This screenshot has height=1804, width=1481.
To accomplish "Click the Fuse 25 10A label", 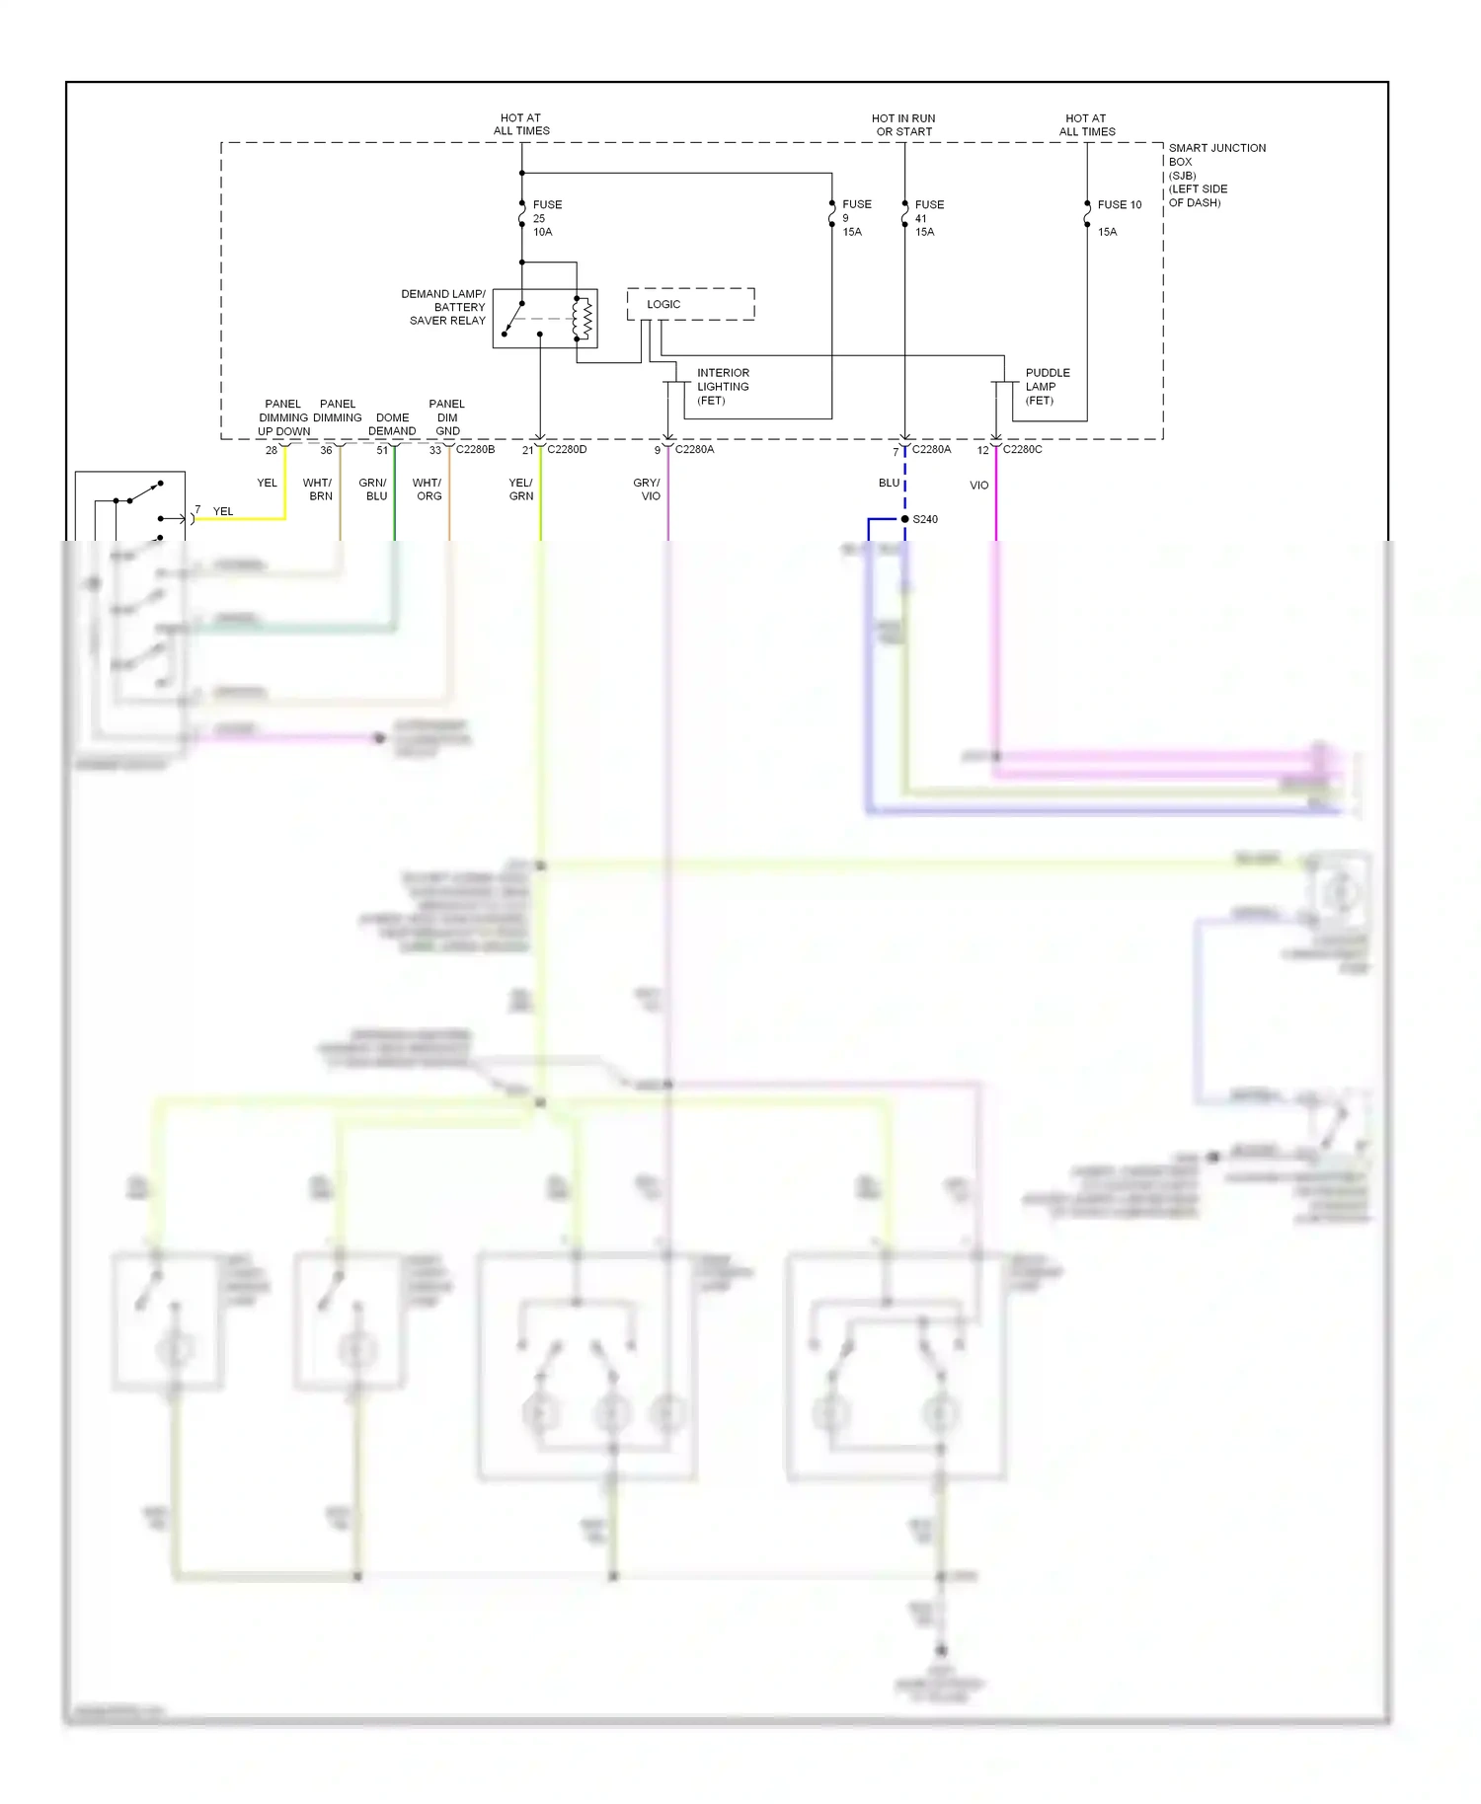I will [546, 218].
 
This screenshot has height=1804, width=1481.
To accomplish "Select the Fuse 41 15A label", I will [928, 218].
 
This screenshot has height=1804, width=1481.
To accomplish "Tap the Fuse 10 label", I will [1119, 205].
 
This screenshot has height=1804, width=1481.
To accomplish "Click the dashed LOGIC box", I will [690, 304].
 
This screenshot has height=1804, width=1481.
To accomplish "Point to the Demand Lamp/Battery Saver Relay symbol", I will [545, 318].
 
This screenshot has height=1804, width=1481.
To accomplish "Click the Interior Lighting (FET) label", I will [722, 387].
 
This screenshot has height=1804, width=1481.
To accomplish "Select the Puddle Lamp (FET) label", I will [1047, 387].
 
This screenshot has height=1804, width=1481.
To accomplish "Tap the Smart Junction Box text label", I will [1215, 175].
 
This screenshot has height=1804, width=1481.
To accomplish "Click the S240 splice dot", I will [904, 519].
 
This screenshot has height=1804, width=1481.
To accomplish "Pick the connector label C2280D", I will [567, 449].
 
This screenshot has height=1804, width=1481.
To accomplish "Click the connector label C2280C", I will [1022, 449].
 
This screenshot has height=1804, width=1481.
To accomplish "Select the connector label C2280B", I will [475, 449].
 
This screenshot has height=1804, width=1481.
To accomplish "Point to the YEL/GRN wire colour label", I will [520, 489].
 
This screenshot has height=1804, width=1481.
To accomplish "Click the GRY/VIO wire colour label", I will [647, 489].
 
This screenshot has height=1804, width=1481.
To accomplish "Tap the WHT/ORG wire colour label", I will [428, 489].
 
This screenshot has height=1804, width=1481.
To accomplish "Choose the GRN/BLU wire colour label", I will [373, 489].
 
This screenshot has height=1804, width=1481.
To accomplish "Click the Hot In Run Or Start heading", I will [903, 124].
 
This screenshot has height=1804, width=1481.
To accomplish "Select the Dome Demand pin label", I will [392, 424].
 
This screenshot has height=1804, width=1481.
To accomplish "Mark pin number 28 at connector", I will [272, 450].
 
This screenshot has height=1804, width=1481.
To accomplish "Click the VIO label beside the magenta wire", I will [978, 486].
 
